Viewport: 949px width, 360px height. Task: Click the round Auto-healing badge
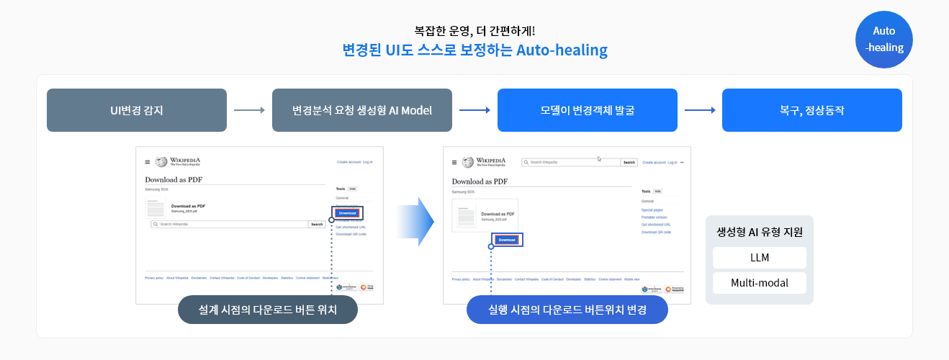pos(883,40)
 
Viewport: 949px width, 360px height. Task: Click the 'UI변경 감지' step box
pos(137,110)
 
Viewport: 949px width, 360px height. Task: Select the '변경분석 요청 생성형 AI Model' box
pos(361,110)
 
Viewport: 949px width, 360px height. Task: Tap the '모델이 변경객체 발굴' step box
pos(587,110)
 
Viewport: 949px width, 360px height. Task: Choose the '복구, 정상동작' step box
pos(811,110)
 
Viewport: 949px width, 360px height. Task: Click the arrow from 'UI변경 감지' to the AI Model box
pos(249,110)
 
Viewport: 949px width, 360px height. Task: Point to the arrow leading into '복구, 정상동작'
pos(699,110)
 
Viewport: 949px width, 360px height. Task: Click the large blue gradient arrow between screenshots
pos(416,222)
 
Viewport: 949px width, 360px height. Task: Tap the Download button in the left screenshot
pos(347,213)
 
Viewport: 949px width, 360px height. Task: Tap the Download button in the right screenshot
pos(507,240)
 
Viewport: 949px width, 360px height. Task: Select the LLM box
pos(759,258)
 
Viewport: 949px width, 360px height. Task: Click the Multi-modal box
pos(759,283)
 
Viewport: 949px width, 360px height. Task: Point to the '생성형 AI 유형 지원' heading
pos(759,233)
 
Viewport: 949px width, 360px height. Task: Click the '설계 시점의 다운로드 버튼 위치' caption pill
pos(268,310)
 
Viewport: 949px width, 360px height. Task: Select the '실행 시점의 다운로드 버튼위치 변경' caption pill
pos(567,310)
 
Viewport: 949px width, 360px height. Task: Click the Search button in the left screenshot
pos(317,225)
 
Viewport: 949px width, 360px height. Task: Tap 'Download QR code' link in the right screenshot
pos(656,233)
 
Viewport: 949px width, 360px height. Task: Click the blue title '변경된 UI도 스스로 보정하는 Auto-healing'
pos(475,50)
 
